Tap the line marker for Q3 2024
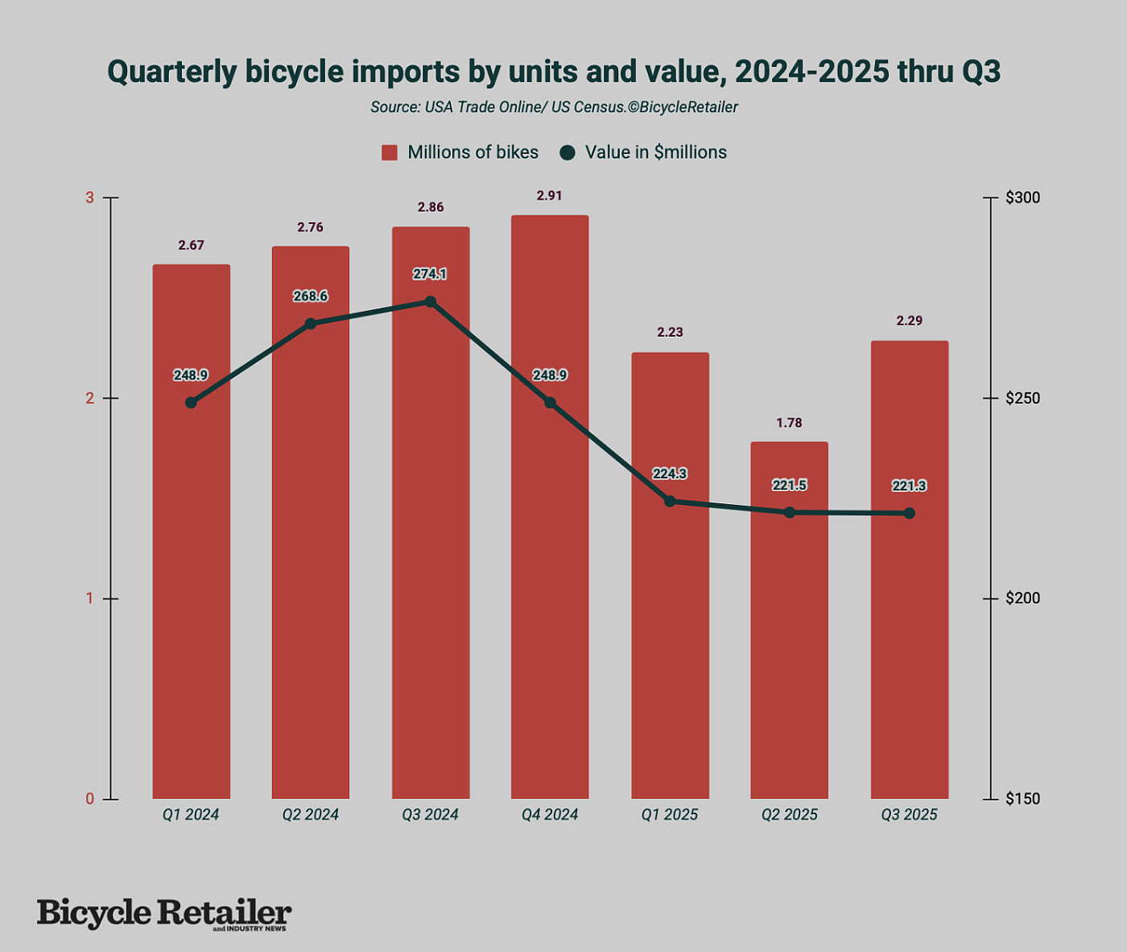click(x=431, y=302)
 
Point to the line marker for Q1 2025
click(x=670, y=501)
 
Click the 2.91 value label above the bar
click(x=549, y=196)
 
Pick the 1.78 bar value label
click(x=789, y=423)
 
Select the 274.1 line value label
click(x=430, y=274)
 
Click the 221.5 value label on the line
click(x=789, y=485)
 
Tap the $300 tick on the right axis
click(x=1022, y=197)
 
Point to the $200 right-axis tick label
click(x=1022, y=598)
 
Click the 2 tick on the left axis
click(x=90, y=398)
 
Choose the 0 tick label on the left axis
click(x=90, y=799)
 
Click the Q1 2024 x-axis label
click(x=191, y=815)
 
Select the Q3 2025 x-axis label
click(x=909, y=815)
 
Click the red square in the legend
click(x=390, y=153)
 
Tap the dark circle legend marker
click(x=568, y=153)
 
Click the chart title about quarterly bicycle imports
click(x=554, y=72)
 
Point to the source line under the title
click(x=554, y=107)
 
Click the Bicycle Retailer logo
click(x=164, y=913)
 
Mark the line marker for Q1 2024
click(x=191, y=403)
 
